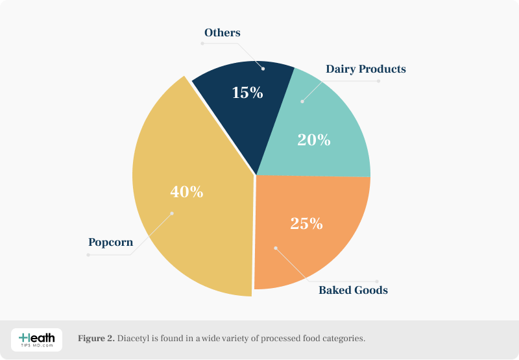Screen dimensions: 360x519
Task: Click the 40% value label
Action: point(186,192)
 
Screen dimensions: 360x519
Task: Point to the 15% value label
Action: point(247,93)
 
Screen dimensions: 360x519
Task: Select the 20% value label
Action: point(314,139)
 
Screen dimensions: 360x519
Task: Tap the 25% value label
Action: point(306,224)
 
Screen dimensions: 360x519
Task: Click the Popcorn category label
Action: point(110,243)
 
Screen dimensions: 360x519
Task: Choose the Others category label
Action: point(222,32)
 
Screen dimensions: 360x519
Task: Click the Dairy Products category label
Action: point(365,69)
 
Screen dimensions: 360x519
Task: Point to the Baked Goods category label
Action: point(353,290)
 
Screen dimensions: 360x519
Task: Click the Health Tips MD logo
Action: point(37,339)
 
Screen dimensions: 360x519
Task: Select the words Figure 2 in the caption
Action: point(96,339)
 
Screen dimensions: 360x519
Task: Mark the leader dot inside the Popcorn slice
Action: point(172,213)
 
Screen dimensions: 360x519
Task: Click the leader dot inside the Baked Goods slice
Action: point(275,247)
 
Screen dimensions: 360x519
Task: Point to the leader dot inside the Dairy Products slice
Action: point(302,101)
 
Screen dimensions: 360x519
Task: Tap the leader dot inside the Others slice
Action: point(263,67)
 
